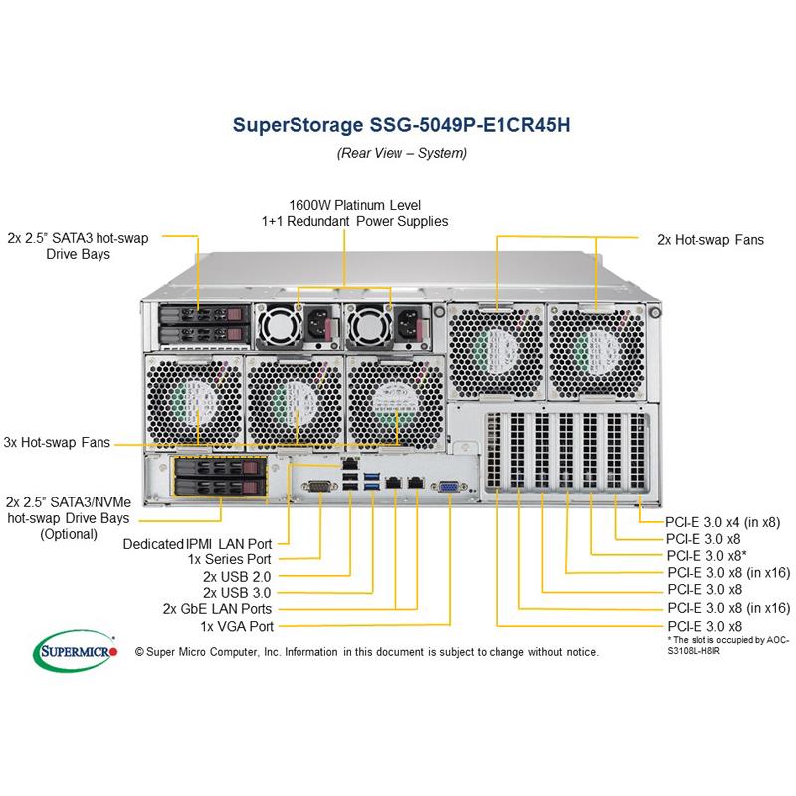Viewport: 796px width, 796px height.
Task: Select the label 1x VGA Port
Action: [237, 626]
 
